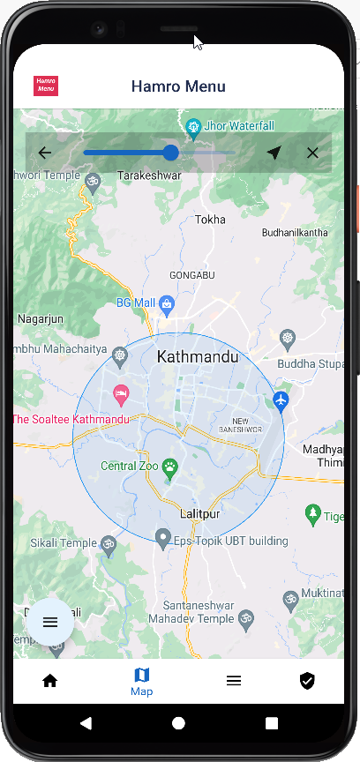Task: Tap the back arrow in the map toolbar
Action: pos(45,153)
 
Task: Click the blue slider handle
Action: pos(171,153)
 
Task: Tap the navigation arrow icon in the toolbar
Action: pos(274,153)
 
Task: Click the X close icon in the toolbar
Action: pos(312,153)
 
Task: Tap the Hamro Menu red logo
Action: pos(46,86)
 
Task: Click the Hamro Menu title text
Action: pos(178,86)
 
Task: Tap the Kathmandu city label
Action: pos(198,357)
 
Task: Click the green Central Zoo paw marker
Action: pos(169,465)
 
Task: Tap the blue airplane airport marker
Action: pos(281,401)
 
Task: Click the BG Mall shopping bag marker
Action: pos(166,303)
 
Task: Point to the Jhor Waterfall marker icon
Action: pos(194,125)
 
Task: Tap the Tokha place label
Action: pos(210,220)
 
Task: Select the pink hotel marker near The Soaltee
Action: pos(122,392)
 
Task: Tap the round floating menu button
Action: pos(50,622)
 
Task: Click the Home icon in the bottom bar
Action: pos(50,681)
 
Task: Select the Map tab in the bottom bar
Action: pos(141,682)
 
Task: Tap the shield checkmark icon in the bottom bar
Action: pos(307,681)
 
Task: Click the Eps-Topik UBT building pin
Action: pos(162,538)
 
